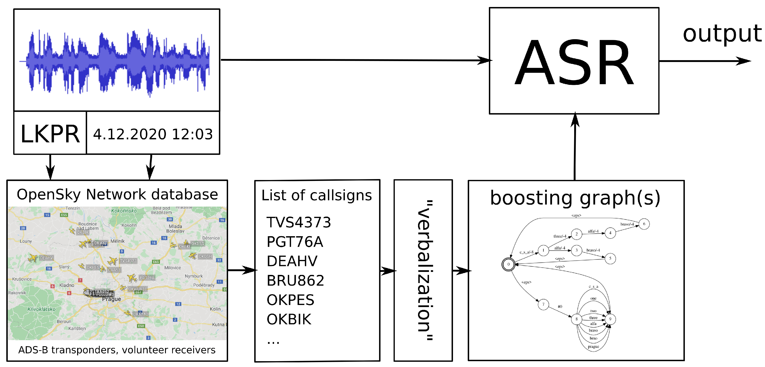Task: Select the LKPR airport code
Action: pos(50,134)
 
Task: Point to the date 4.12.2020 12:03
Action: pos(153,134)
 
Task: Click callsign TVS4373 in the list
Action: pos(298,222)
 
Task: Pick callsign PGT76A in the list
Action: pos(295,242)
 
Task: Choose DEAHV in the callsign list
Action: pos(292,261)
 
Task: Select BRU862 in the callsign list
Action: pos(295,280)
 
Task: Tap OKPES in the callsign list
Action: pos(290,300)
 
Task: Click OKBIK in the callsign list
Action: pos(289,319)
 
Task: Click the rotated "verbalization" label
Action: pos(424,270)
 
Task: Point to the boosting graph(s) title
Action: pos(575,198)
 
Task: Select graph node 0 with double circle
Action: pos(508,264)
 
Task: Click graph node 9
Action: pos(610,319)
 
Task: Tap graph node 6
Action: pos(644,224)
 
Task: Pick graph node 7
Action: pos(543,304)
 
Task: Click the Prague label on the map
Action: pos(111,299)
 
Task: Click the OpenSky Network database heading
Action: pos(117,195)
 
